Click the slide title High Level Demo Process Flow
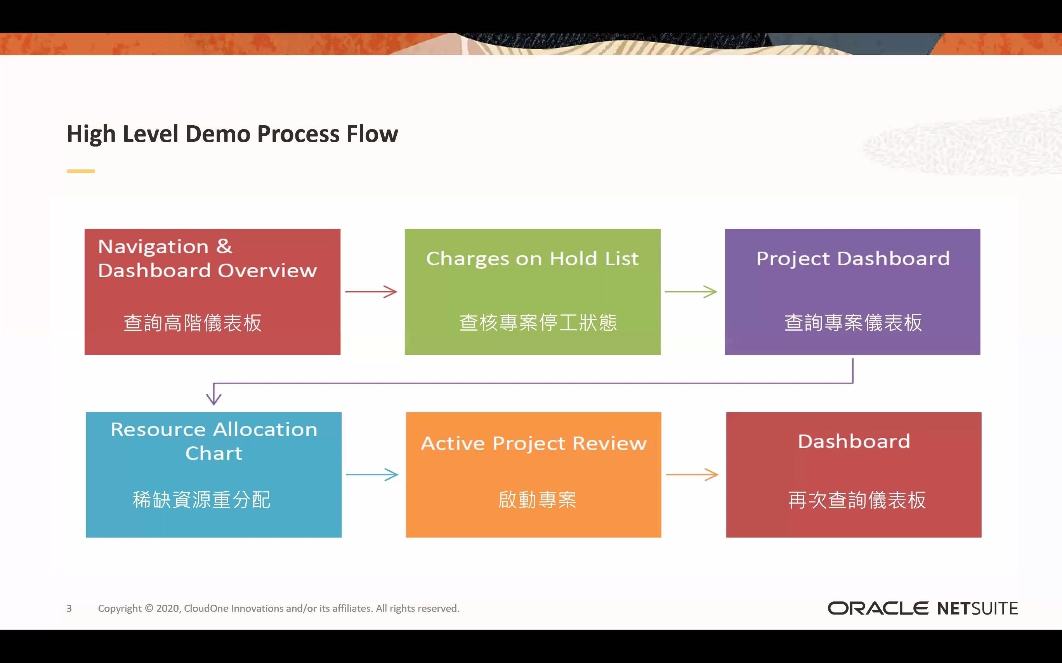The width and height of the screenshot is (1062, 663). tap(232, 134)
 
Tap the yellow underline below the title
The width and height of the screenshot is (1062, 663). tap(81, 171)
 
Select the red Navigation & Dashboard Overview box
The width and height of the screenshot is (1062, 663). tap(212, 291)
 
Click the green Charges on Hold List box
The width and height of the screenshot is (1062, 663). tap(532, 291)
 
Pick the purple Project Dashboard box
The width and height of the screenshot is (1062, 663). tap(852, 291)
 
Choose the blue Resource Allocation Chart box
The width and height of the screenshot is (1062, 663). tap(214, 475)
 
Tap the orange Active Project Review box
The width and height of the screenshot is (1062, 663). tap(533, 475)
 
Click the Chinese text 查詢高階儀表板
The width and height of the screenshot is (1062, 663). tap(192, 323)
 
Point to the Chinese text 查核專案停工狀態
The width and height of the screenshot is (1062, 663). tap(538, 323)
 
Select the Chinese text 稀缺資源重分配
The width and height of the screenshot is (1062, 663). tap(201, 500)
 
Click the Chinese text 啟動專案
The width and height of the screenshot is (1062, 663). tap(537, 500)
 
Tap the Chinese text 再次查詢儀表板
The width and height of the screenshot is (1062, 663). tap(857, 500)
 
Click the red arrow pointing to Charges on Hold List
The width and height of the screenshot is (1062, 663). tap(371, 292)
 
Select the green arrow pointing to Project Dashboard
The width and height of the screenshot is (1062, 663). tap(691, 292)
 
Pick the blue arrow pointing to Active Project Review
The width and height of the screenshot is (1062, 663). tap(372, 475)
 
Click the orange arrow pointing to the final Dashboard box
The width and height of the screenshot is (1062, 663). tap(692, 475)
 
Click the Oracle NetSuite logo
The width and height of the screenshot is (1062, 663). tap(922, 608)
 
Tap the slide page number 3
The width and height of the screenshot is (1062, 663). tap(69, 608)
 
